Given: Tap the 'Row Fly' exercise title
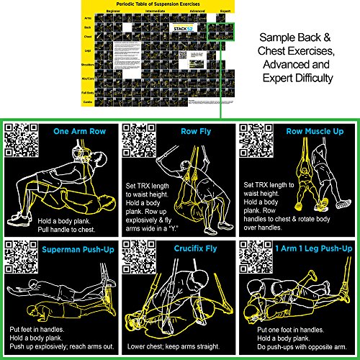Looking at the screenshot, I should click(x=194, y=132).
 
